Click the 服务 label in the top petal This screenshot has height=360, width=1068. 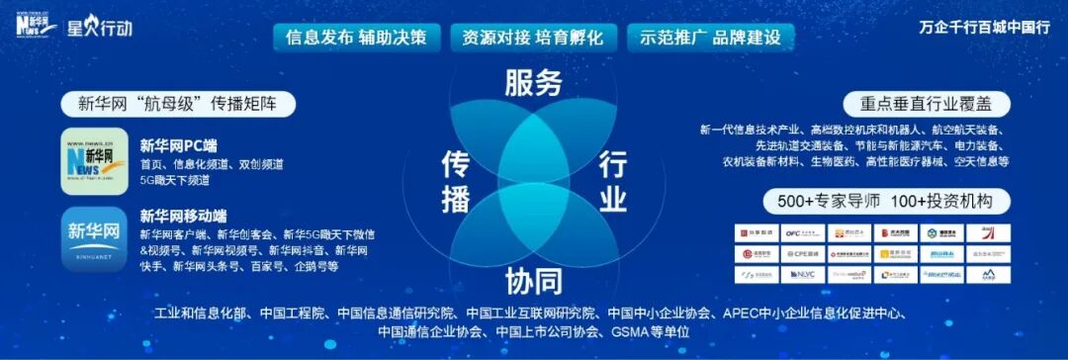point(533,82)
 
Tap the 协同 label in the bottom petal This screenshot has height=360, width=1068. point(533,281)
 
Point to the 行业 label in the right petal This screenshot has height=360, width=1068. point(612,181)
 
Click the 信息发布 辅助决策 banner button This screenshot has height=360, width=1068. point(356,38)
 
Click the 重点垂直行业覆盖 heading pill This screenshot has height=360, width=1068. point(917,104)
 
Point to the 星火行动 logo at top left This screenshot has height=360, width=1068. point(99,27)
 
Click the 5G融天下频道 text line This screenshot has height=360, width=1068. point(179,181)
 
